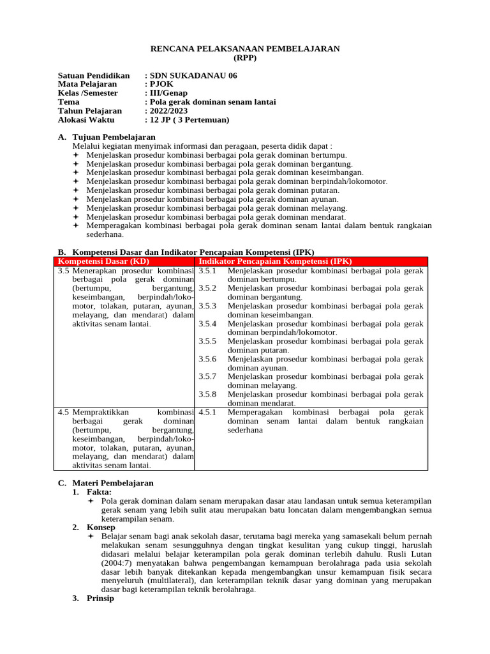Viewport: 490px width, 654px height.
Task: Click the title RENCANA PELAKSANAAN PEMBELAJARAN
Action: click(244, 49)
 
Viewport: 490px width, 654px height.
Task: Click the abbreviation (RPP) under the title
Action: click(244, 57)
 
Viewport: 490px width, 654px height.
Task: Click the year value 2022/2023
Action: click(168, 111)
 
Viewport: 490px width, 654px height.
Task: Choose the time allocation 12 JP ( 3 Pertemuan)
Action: click(189, 120)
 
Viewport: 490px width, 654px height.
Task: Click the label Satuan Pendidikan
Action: click(93, 75)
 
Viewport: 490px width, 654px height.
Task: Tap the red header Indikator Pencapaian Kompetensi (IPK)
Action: click(275, 261)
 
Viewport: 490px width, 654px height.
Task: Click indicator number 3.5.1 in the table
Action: click(207, 271)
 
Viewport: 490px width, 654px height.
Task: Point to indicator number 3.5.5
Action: click(207, 341)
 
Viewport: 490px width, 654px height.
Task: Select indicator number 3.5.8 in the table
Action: click(207, 394)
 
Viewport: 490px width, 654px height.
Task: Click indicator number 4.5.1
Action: click(207, 412)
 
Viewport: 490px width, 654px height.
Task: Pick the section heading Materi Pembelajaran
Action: click(113, 483)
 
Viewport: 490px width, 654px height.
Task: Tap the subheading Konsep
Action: click(100, 528)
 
